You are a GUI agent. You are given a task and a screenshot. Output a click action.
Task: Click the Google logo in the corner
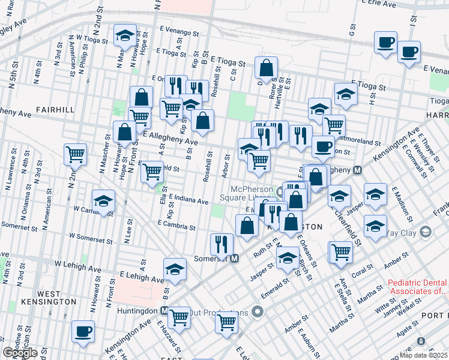tap(20, 353)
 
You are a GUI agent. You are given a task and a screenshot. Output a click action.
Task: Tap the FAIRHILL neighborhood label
tap(55, 110)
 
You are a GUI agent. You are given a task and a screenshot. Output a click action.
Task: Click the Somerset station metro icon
tap(235, 259)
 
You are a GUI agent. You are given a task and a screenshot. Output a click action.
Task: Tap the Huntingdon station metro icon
tap(164, 311)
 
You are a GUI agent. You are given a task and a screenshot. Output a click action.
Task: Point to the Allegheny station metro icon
tap(358, 170)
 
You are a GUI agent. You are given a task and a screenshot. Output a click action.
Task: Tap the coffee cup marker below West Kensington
tap(83, 332)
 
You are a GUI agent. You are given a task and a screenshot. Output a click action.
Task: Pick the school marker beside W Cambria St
tap(103, 202)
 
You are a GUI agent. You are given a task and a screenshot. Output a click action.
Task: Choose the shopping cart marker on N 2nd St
tap(76, 154)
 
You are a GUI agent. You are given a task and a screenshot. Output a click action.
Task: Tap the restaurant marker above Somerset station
tap(221, 244)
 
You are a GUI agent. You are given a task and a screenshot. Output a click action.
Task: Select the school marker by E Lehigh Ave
tap(175, 269)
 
